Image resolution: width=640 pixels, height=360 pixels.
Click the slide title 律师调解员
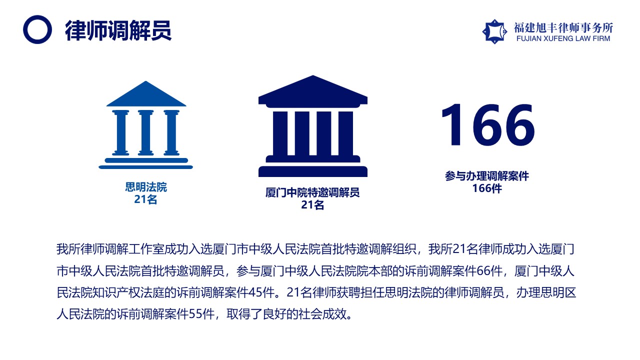point(118,30)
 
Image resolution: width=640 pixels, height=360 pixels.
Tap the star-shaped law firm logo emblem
point(494,31)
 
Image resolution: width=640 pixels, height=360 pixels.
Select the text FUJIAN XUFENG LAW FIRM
point(563,38)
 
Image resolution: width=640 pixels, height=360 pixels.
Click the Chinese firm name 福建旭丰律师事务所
point(563,27)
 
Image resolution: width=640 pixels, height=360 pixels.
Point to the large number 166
point(488,125)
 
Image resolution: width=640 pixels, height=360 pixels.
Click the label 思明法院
point(146,187)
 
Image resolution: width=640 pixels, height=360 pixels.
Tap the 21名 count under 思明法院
point(145,199)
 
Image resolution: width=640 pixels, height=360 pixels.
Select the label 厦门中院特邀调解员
point(312,192)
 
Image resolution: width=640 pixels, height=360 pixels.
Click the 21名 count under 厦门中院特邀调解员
point(312,205)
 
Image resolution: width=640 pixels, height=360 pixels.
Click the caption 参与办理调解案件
point(487,176)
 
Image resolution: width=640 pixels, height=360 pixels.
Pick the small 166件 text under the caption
point(487,188)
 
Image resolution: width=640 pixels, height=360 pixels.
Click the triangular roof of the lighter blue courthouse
point(146,95)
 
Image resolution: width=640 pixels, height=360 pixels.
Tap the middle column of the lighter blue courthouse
point(146,133)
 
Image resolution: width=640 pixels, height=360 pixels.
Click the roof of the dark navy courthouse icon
point(313,91)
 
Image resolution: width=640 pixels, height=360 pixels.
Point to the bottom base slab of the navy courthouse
point(313,171)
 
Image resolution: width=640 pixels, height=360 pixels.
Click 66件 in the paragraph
point(489,271)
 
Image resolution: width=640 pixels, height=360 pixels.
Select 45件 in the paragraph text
point(261,292)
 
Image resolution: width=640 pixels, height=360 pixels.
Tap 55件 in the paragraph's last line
point(201,314)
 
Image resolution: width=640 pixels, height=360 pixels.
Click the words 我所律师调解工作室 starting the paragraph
point(110,249)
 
